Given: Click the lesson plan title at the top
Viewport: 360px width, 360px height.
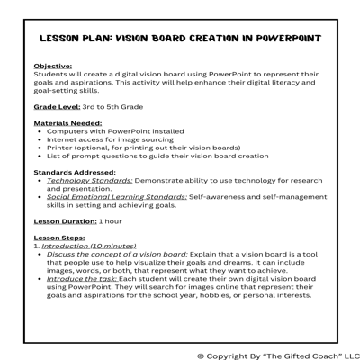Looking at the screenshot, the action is tap(180, 40).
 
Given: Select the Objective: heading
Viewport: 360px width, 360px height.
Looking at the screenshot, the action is tap(53, 67).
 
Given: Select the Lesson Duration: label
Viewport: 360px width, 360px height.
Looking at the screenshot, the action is tap(67, 220).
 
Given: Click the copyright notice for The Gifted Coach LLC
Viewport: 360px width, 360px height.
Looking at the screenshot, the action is tap(277, 354).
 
